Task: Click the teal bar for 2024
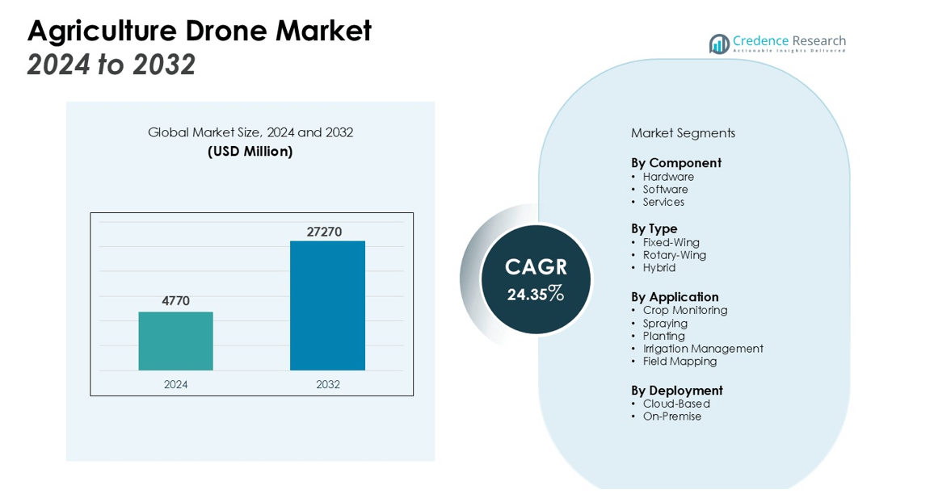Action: (175, 341)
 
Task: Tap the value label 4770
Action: (175, 301)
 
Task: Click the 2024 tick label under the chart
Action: (175, 384)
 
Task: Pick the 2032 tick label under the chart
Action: (327, 384)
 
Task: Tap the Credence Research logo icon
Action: (718, 44)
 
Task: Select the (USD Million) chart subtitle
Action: (250, 151)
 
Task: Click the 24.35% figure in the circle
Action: (536, 294)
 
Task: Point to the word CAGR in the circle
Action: (536, 267)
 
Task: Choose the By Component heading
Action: (675, 163)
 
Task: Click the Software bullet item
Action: (665, 190)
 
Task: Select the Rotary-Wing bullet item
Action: (674, 255)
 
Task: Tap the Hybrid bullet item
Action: (658, 268)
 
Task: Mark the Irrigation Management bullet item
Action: (702, 349)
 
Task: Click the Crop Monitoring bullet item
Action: (684, 310)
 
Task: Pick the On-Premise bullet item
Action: (671, 416)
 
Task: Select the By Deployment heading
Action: (676, 391)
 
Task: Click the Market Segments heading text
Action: (683, 133)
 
